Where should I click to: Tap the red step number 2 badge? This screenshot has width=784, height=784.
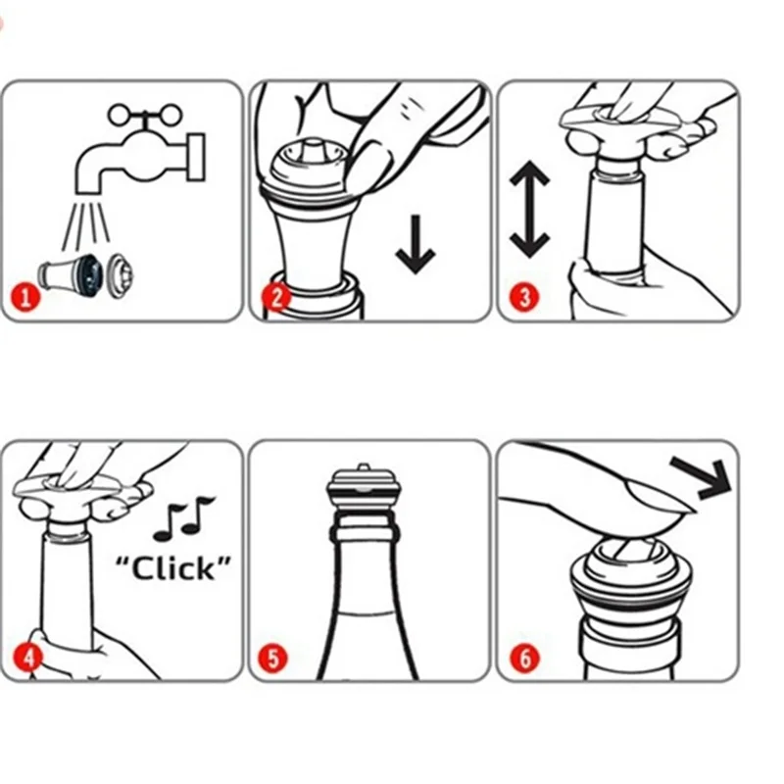click(x=276, y=297)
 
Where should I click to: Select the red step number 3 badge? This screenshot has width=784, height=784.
click(x=524, y=297)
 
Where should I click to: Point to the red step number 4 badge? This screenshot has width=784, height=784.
click(x=28, y=657)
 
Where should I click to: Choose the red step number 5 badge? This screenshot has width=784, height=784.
click(x=273, y=658)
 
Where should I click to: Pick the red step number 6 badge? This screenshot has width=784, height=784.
click(x=525, y=658)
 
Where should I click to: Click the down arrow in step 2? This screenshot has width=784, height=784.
click(x=416, y=244)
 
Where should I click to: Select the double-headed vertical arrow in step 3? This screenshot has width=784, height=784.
click(x=529, y=209)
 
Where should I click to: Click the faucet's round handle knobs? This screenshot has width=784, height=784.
click(x=144, y=116)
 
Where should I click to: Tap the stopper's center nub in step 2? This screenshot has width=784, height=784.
click(x=314, y=149)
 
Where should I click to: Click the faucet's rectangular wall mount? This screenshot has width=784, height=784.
click(x=195, y=157)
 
